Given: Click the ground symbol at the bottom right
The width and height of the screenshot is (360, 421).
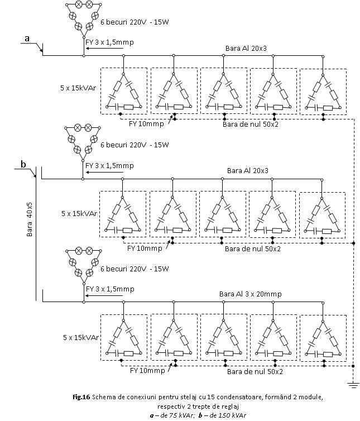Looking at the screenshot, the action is click(x=353, y=385).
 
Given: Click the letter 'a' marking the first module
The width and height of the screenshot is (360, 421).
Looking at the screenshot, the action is click(x=27, y=39).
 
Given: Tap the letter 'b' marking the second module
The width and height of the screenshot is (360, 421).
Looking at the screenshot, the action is click(x=23, y=164).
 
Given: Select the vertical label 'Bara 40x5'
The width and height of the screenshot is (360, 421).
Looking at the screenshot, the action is click(x=29, y=219).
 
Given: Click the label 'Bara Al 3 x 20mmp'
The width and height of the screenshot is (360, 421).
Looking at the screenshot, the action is click(x=250, y=294).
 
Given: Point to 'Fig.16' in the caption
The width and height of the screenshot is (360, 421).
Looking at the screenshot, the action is click(x=81, y=397).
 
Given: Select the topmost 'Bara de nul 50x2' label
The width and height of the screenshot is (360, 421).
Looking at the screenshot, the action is click(x=250, y=125).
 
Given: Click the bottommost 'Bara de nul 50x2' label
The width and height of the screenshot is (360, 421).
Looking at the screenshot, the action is click(x=255, y=372).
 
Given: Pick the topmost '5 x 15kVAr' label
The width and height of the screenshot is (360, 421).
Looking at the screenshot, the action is click(x=78, y=88).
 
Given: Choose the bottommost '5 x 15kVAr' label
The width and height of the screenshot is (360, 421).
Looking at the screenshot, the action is click(x=81, y=337).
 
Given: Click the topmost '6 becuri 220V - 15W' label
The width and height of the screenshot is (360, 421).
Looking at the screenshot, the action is click(x=135, y=22).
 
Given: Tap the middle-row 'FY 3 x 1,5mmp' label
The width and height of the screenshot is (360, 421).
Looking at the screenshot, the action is click(x=109, y=166).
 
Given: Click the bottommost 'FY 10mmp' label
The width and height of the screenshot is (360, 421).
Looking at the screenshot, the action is click(x=147, y=371).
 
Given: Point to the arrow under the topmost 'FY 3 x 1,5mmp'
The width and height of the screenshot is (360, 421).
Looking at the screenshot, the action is click(x=104, y=49).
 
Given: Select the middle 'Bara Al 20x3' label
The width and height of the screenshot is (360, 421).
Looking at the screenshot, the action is click(x=247, y=170).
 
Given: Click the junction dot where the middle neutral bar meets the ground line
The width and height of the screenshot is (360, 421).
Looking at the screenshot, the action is click(x=353, y=243).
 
